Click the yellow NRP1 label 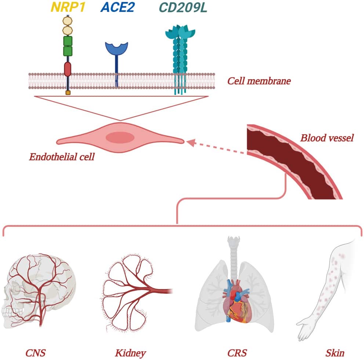pyautogui.click(x=68, y=7)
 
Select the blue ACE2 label pyautogui.click(x=118, y=7)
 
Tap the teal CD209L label pyautogui.click(x=183, y=7)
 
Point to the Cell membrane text pyautogui.click(x=259, y=81)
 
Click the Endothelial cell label pyautogui.click(x=62, y=157)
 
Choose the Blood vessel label pyautogui.click(x=327, y=138)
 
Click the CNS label pyautogui.click(x=36, y=353)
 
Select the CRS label pyautogui.click(x=237, y=353)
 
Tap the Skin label pyautogui.click(x=335, y=353)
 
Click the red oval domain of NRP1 pyautogui.click(x=68, y=69)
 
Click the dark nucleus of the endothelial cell pyautogui.click(x=120, y=138)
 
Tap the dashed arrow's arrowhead pyautogui.click(x=191, y=142)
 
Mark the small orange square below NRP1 pyautogui.click(x=68, y=93)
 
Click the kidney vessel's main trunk pyautogui.click(x=160, y=291)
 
